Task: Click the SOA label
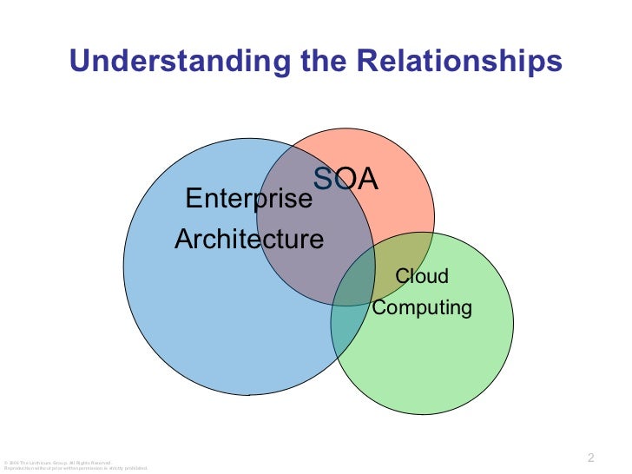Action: (x=346, y=179)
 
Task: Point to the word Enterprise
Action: (x=249, y=200)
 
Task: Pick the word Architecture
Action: (x=249, y=240)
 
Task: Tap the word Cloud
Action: (x=422, y=277)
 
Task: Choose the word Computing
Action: (x=422, y=307)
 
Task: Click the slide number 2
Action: (x=590, y=458)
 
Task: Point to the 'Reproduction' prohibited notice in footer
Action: (x=69, y=468)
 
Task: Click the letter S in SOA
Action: (x=322, y=179)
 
